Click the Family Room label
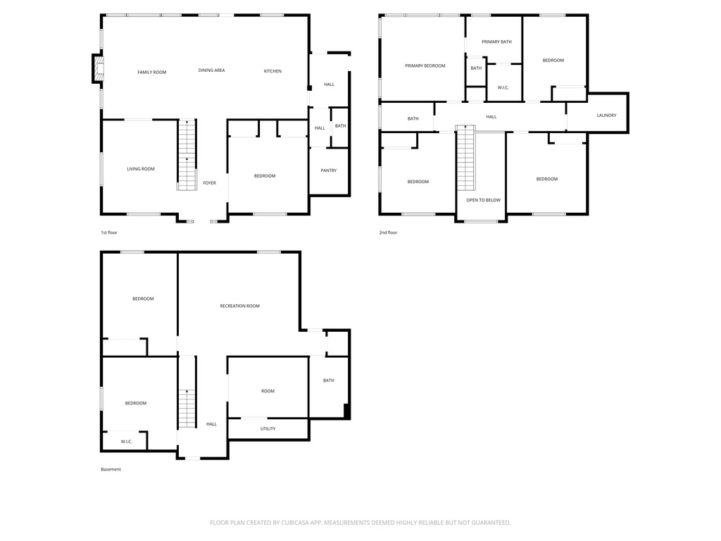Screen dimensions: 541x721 pyautogui.click(x=151, y=72)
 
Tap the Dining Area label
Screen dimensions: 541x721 pyautogui.click(x=211, y=70)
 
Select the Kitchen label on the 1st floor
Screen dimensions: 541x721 pyautogui.click(x=272, y=71)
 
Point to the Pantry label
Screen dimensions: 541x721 pyautogui.click(x=328, y=170)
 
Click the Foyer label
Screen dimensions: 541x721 pyautogui.click(x=209, y=183)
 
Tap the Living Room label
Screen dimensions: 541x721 pyautogui.click(x=140, y=169)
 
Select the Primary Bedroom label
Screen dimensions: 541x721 pyautogui.click(x=425, y=66)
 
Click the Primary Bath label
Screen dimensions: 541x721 pyautogui.click(x=496, y=42)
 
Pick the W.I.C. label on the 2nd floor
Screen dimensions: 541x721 pyautogui.click(x=503, y=87)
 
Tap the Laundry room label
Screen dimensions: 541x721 pyautogui.click(x=606, y=116)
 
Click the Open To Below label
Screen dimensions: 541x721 pyautogui.click(x=483, y=200)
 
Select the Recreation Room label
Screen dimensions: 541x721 pyautogui.click(x=239, y=306)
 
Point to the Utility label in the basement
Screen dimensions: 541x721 pyautogui.click(x=268, y=428)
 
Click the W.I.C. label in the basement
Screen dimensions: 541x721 pyautogui.click(x=126, y=442)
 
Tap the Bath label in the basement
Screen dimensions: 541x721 pyautogui.click(x=328, y=380)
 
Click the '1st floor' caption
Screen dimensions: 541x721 pyautogui.click(x=109, y=232)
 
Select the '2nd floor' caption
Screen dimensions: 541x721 pyautogui.click(x=388, y=232)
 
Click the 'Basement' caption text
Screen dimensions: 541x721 pyautogui.click(x=111, y=469)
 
